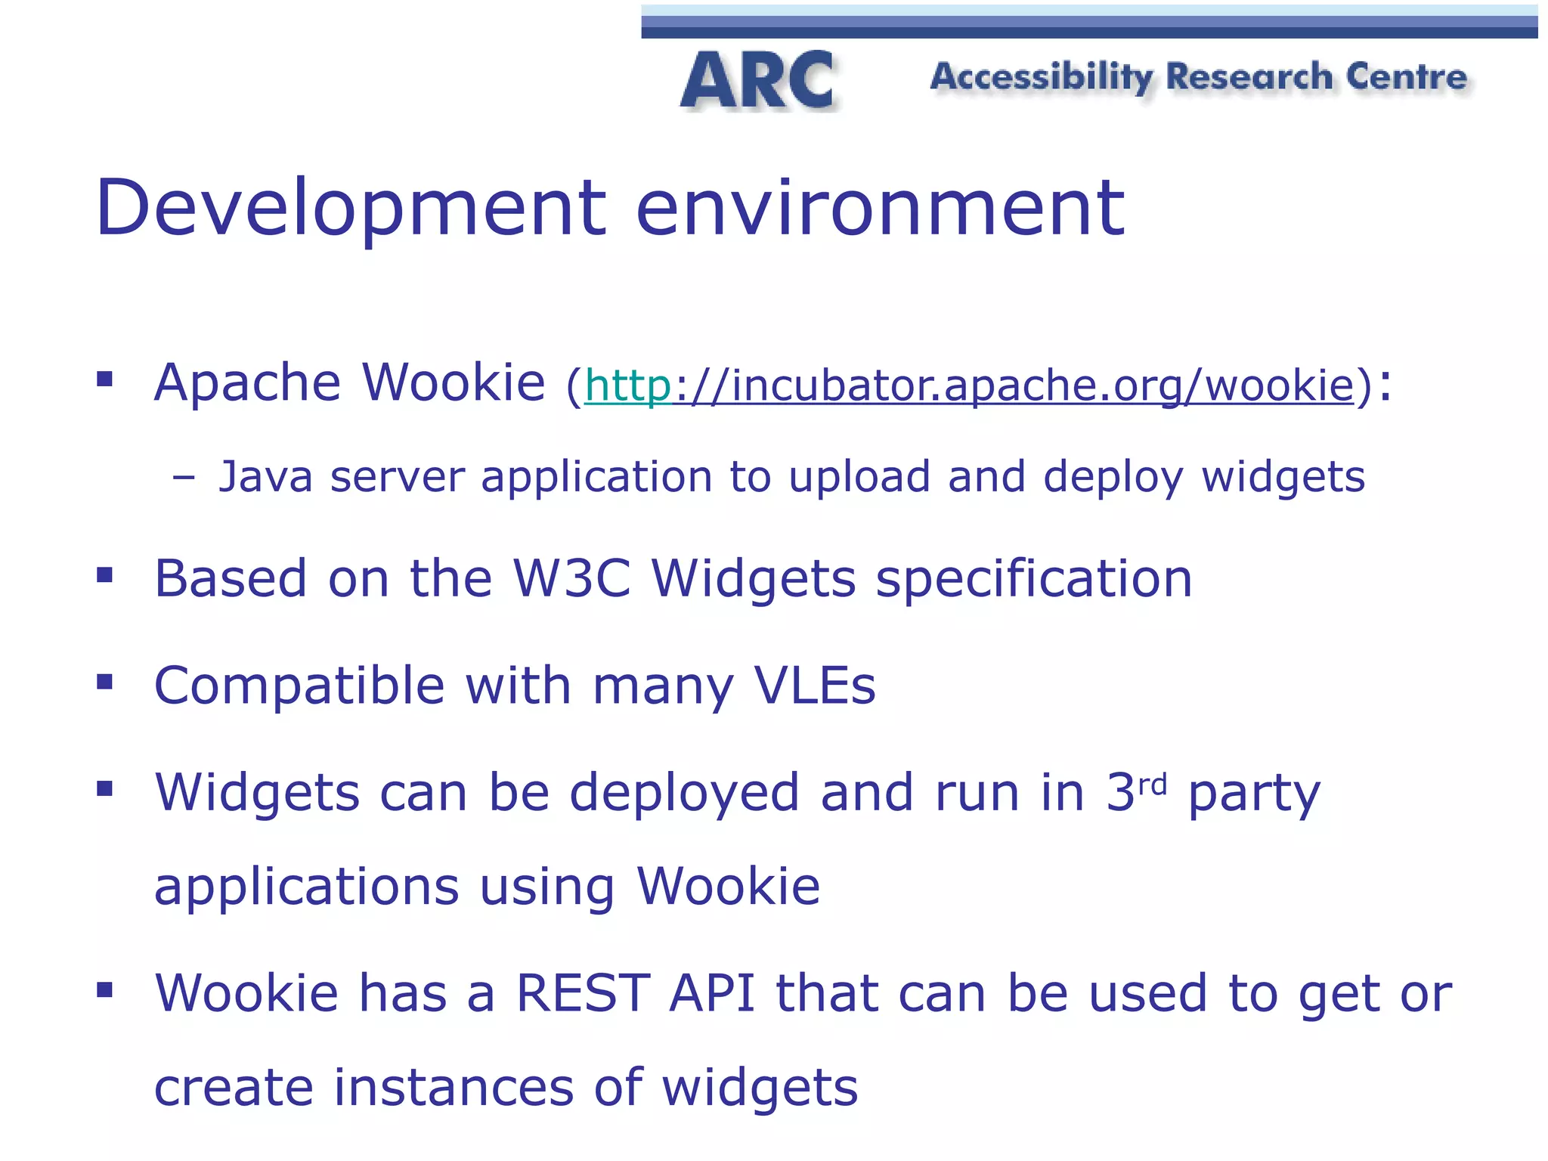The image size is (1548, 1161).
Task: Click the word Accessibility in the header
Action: click(x=1042, y=77)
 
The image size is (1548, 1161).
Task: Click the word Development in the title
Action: click(x=350, y=208)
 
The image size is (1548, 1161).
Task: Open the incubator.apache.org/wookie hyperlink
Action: click(x=969, y=385)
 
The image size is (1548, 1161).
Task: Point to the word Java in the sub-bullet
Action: click(x=265, y=477)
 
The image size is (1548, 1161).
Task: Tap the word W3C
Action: click(x=571, y=579)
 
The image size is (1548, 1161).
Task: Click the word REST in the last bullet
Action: click(x=583, y=993)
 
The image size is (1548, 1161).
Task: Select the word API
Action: click(x=712, y=993)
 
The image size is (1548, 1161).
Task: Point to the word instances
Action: click(x=454, y=1088)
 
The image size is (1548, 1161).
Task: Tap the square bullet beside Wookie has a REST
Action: click(x=105, y=989)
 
